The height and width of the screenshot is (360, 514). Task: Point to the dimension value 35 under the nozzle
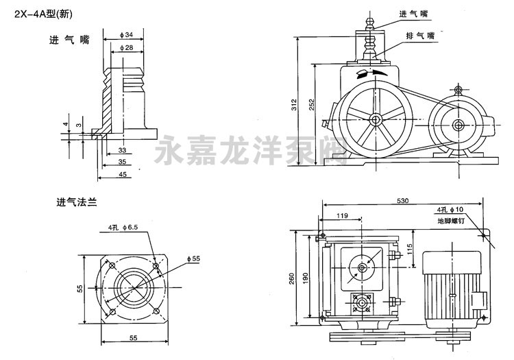(121, 163)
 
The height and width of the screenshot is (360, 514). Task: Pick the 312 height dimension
(293, 104)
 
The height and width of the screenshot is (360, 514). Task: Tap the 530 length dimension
(404, 201)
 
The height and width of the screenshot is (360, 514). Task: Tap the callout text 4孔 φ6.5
(123, 227)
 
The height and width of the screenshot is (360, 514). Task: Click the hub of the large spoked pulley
(376, 120)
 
